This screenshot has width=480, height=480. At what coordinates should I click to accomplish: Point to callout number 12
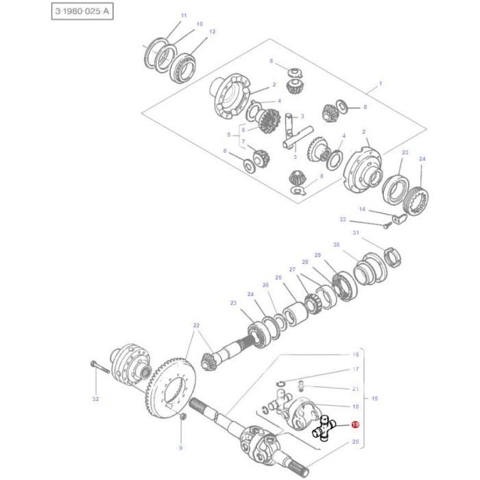tap(212, 32)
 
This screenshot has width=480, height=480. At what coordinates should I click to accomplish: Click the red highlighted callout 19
tap(355, 425)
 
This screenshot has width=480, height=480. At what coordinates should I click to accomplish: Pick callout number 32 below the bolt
tap(95, 399)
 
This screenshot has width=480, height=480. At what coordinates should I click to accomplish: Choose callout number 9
tap(181, 448)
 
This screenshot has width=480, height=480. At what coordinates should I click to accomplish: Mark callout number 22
tap(196, 325)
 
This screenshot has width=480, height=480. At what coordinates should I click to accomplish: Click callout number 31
tap(355, 232)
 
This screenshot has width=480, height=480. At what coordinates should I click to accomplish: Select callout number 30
tap(336, 245)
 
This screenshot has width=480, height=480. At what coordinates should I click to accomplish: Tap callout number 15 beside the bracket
tap(374, 398)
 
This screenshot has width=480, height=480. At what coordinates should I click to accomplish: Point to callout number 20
tap(355, 442)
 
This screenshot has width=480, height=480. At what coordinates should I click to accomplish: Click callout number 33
tap(343, 219)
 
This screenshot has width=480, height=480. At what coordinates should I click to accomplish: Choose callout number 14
tap(362, 209)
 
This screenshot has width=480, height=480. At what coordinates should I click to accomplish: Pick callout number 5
tap(228, 134)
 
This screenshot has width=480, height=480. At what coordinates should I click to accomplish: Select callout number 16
tap(355, 355)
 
